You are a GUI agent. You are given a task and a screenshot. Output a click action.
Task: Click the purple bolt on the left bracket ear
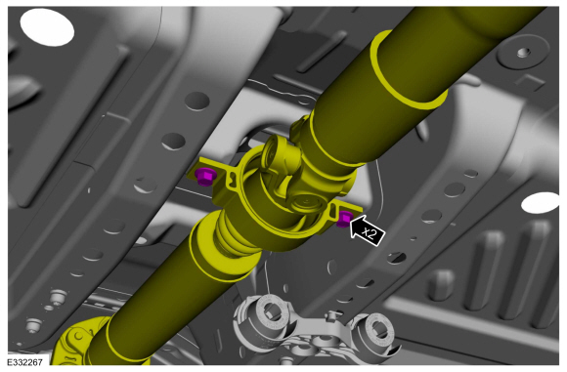[x=204, y=177]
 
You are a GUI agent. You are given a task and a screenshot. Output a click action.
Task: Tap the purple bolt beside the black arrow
[x=344, y=220]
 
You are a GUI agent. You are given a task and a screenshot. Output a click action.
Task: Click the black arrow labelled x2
[x=368, y=231]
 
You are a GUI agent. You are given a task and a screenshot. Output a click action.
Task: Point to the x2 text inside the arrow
[x=370, y=233]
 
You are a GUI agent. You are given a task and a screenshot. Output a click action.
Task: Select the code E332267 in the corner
[x=24, y=362]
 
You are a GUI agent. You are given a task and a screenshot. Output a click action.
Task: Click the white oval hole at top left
[x=47, y=26]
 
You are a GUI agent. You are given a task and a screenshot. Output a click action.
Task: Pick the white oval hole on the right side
[x=541, y=202]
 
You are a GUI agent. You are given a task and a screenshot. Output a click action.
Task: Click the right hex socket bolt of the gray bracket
[x=376, y=329]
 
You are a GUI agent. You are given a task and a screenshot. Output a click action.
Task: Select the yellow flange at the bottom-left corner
[x=78, y=342]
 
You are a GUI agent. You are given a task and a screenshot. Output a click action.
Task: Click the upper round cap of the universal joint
[x=275, y=152]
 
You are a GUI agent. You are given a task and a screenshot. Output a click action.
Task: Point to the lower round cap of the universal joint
[x=307, y=203]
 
